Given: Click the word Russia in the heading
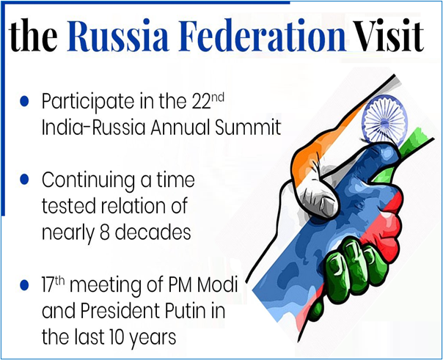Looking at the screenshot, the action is [117, 35].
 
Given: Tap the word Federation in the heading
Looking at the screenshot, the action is [262, 35].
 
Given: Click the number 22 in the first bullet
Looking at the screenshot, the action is [202, 101].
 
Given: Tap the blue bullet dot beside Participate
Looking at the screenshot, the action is [25, 101].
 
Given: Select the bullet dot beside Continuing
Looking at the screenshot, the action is [25, 179].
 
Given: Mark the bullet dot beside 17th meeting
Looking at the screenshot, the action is [25, 285].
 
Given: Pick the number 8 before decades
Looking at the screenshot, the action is [105, 233].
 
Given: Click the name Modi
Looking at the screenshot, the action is [217, 284].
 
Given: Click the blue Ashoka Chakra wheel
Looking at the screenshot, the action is [384, 120].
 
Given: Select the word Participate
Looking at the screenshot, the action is [88, 103].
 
